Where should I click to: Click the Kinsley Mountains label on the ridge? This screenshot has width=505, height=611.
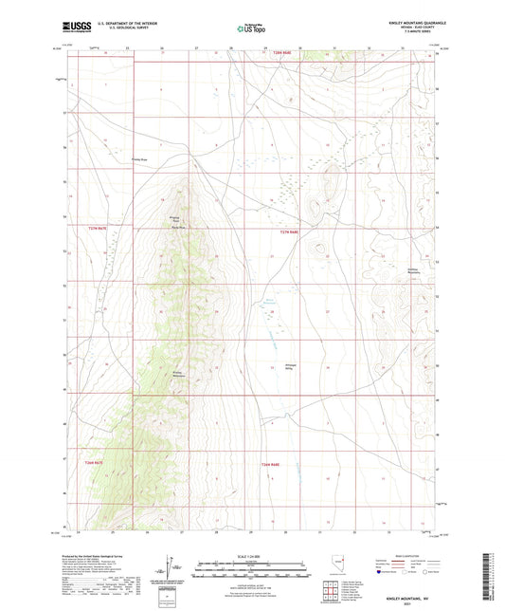[177, 374]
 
